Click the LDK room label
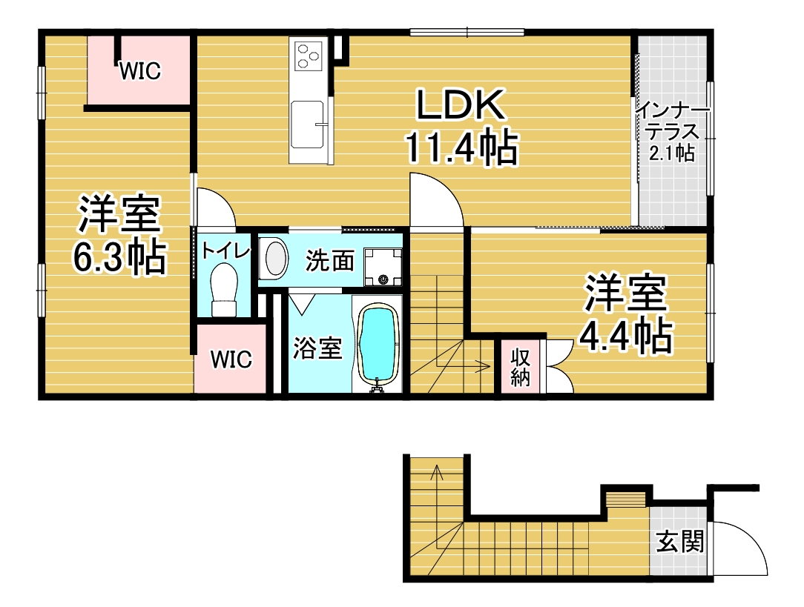(x=460, y=105)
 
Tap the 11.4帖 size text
(x=461, y=147)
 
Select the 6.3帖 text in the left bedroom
(x=119, y=256)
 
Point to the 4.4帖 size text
(x=625, y=336)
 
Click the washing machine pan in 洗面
(x=383, y=266)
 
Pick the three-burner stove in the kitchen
(x=308, y=56)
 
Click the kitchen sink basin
(x=308, y=125)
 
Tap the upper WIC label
(x=140, y=71)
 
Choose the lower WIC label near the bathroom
(x=231, y=359)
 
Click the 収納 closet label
(x=520, y=367)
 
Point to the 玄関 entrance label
(x=680, y=542)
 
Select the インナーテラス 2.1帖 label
(x=672, y=131)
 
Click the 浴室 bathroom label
(x=317, y=348)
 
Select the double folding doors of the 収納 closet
(x=559, y=366)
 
